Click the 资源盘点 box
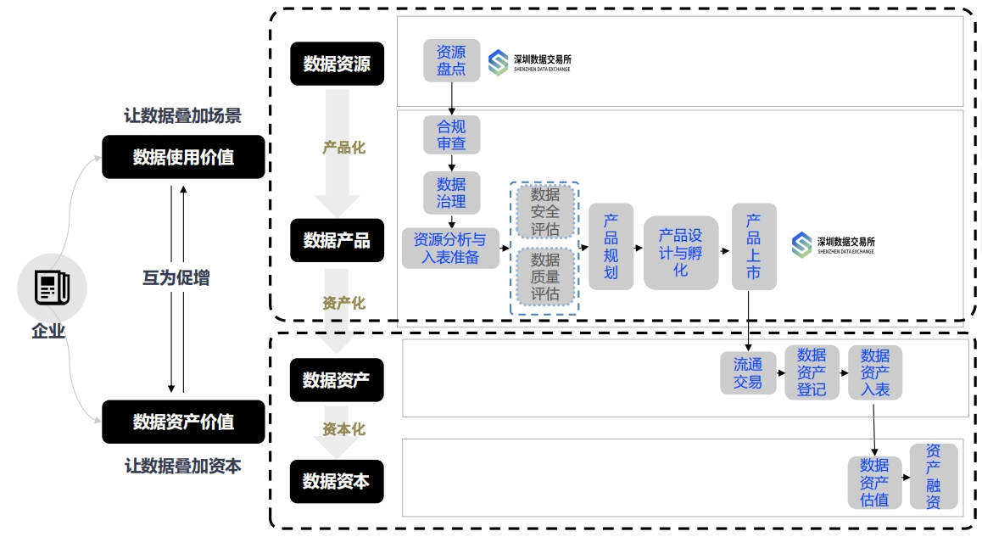pyautogui.click(x=451, y=60)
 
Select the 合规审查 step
pyautogui.click(x=451, y=135)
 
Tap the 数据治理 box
pyautogui.click(x=451, y=193)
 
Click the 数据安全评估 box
pyautogui.click(x=545, y=212)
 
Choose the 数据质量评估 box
pyautogui.click(x=545, y=277)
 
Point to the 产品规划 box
pyautogui.click(x=611, y=246)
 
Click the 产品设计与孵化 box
pyautogui.click(x=680, y=252)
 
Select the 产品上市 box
pyautogui.click(x=753, y=246)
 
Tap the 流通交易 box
pyautogui.click(x=748, y=373)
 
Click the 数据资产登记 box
pyautogui.click(x=812, y=372)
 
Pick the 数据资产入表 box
pyautogui.click(x=875, y=372)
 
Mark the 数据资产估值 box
pyautogui.click(x=874, y=482)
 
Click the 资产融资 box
pyautogui.click(x=933, y=477)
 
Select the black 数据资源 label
pyautogui.click(x=337, y=64)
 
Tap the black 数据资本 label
pyautogui.click(x=336, y=482)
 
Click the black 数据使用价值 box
pyautogui.click(x=183, y=157)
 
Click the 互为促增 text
pyautogui.click(x=176, y=278)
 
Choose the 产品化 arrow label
pyautogui.click(x=343, y=148)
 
